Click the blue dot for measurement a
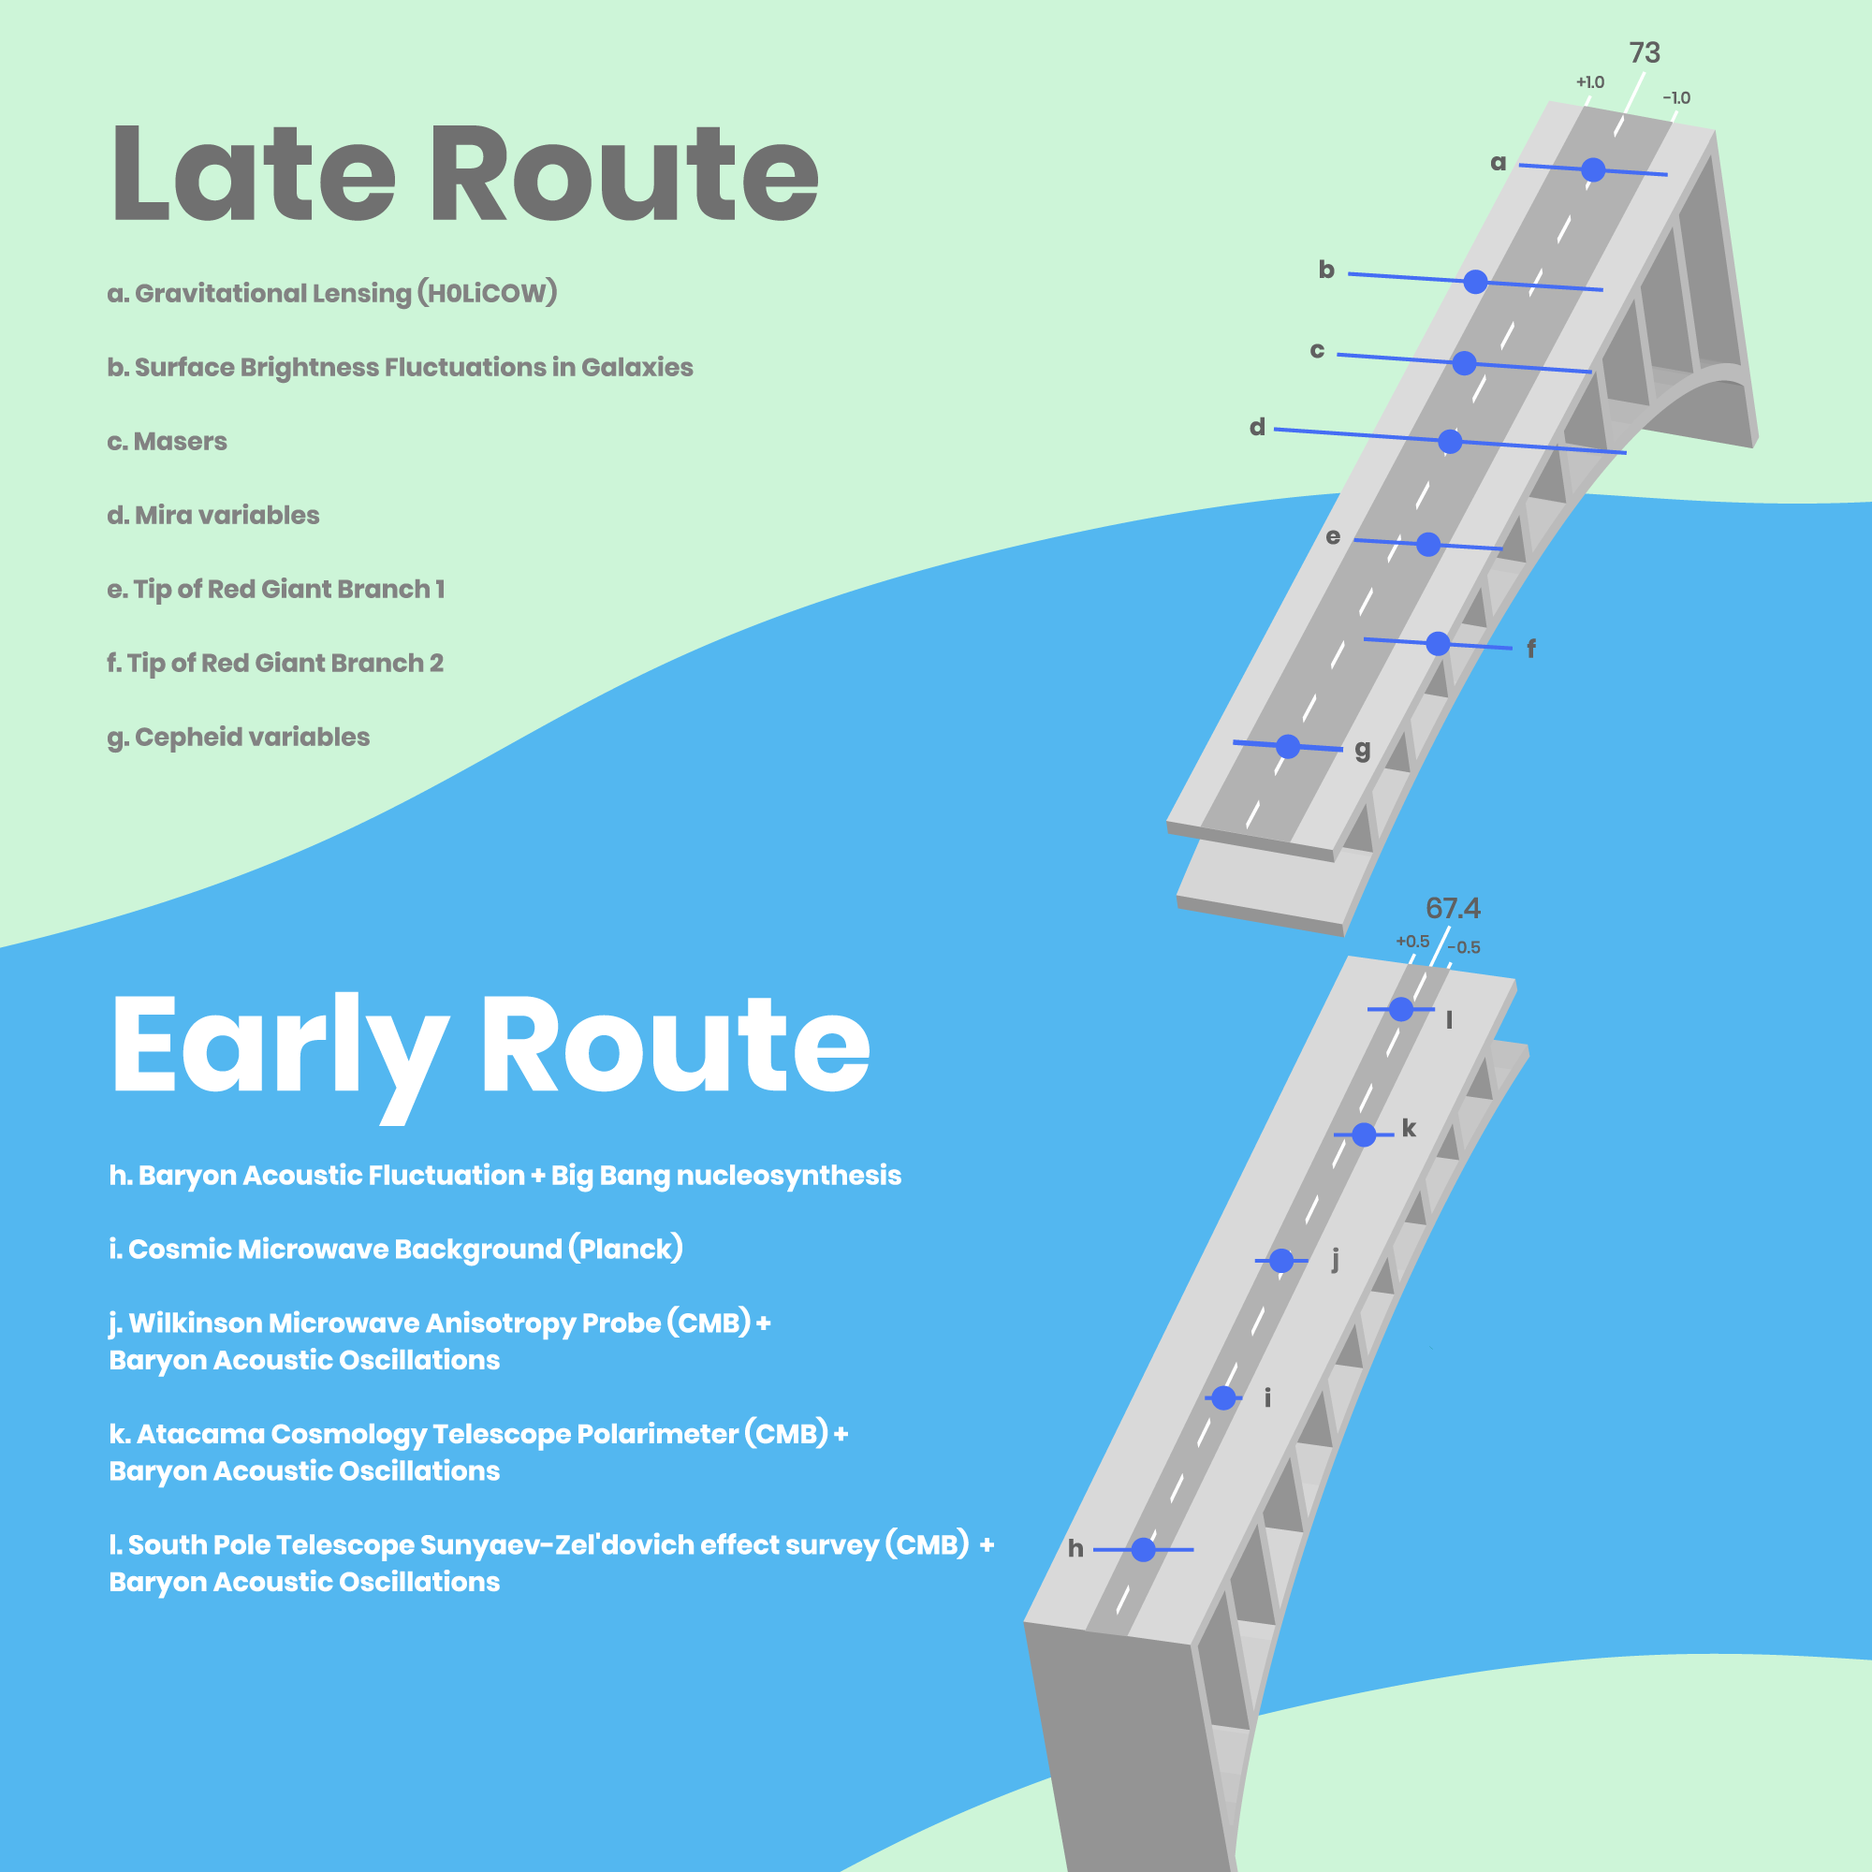point(1593,170)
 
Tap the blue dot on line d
point(1450,442)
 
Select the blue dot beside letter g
point(1288,746)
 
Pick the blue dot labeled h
point(1144,1549)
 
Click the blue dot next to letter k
point(1364,1134)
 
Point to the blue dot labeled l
point(1401,1010)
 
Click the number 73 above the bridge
point(1645,52)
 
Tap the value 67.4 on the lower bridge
point(1453,908)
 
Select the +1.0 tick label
point(1590,82)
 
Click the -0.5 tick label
point(1463,947)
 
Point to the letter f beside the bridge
point(1531,650)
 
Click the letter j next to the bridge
point(1336,1260)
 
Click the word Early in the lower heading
point(281,1046)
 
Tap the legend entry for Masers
point(168,442)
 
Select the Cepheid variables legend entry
point(239,738)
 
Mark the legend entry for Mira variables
point(213,516)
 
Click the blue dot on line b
point(1475,282)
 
